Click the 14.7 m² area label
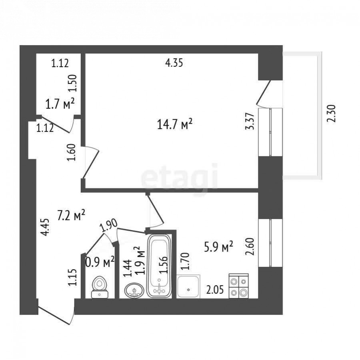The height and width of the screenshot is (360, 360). point(175,125)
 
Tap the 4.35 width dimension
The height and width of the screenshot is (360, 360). point(174,63)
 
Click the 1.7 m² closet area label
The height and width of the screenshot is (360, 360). point(60,105)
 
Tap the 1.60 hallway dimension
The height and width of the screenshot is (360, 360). point(72,152)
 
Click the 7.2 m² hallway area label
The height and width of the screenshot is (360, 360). point(71,216)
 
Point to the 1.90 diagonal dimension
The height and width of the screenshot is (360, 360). point(108,226)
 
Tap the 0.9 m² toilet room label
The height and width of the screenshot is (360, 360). point(100,262)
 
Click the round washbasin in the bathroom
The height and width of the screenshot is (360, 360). point(134,290)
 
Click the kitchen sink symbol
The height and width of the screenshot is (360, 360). point(188,286)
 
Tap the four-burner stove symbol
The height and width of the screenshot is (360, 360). point(238,286)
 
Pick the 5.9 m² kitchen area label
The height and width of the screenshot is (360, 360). point(218,247)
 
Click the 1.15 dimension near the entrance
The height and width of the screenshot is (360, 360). point(72,277)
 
